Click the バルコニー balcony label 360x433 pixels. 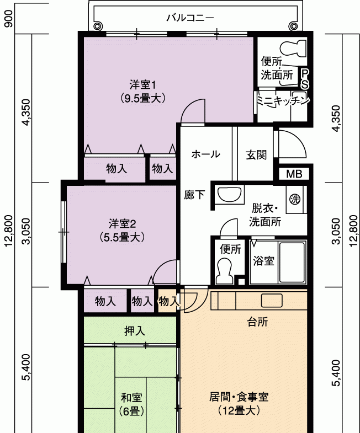pos(190,18)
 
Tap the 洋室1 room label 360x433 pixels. pos(142,84)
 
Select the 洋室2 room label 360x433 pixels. pos(122,224)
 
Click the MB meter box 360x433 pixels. pos(294,174)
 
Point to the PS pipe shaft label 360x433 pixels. pos(304,79)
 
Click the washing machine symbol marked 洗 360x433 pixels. pos(295,199)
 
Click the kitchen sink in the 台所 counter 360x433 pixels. pos(272,301)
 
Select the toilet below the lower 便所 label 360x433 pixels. pos(224,271)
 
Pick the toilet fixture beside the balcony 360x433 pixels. pos(293,48)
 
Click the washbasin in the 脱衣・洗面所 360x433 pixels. pos(230,194)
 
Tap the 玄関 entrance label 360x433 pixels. pos(256,155)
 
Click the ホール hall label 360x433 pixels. pos(206,154)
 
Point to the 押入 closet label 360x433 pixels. pos(134,330)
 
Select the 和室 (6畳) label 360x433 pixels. pos(131,404)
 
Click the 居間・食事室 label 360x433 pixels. pos(239,397)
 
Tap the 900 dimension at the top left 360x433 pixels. pos(9,19)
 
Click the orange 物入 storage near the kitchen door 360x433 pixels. pos(167,301)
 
